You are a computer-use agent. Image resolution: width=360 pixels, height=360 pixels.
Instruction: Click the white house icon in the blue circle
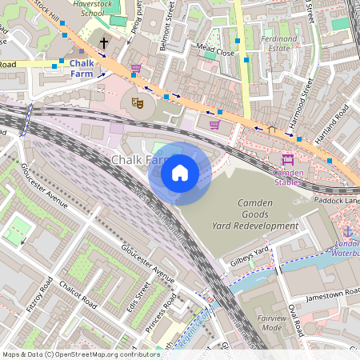coord(180,173)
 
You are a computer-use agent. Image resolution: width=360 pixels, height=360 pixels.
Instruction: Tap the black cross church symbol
coord(103,42)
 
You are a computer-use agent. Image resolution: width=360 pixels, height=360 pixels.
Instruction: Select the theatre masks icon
coord(138,102)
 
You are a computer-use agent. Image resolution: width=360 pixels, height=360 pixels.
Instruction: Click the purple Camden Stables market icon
coord(288,159)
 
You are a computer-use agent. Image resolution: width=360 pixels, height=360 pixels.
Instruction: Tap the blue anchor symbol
coord(347,231)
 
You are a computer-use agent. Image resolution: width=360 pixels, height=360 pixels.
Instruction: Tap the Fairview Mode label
coord(272,322)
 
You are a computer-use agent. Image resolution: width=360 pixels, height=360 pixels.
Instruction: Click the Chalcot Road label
coord(78,295)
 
